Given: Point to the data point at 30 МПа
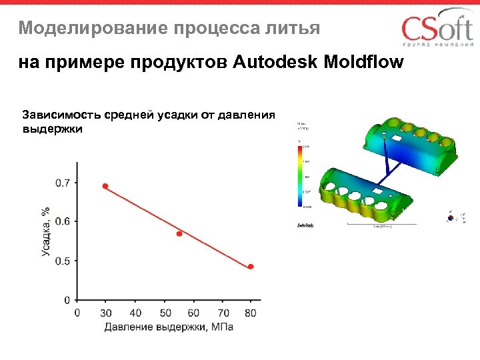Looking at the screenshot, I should click(x=105, y=186).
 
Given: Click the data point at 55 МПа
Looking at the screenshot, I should click(x=179, y=233).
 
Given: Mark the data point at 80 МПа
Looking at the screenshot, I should click(x=251, y=267).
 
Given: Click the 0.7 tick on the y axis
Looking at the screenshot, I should click(x=61, y=183).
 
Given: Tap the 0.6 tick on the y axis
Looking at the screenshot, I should click(x=61, y=221).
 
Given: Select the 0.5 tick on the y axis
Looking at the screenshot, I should click(x=61, y=261).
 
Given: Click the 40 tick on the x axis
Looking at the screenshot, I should click(x=135, y=313).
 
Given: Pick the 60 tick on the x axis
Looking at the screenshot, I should click(x=194, y=313).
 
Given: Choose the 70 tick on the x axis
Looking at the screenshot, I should click(x=223, y=313).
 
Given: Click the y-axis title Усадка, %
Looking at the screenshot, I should click(x=45, y=231).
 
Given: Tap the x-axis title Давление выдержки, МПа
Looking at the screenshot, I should click(x=168, y=327).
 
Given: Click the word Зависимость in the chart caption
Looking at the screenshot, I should click(x=58, y=115).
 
